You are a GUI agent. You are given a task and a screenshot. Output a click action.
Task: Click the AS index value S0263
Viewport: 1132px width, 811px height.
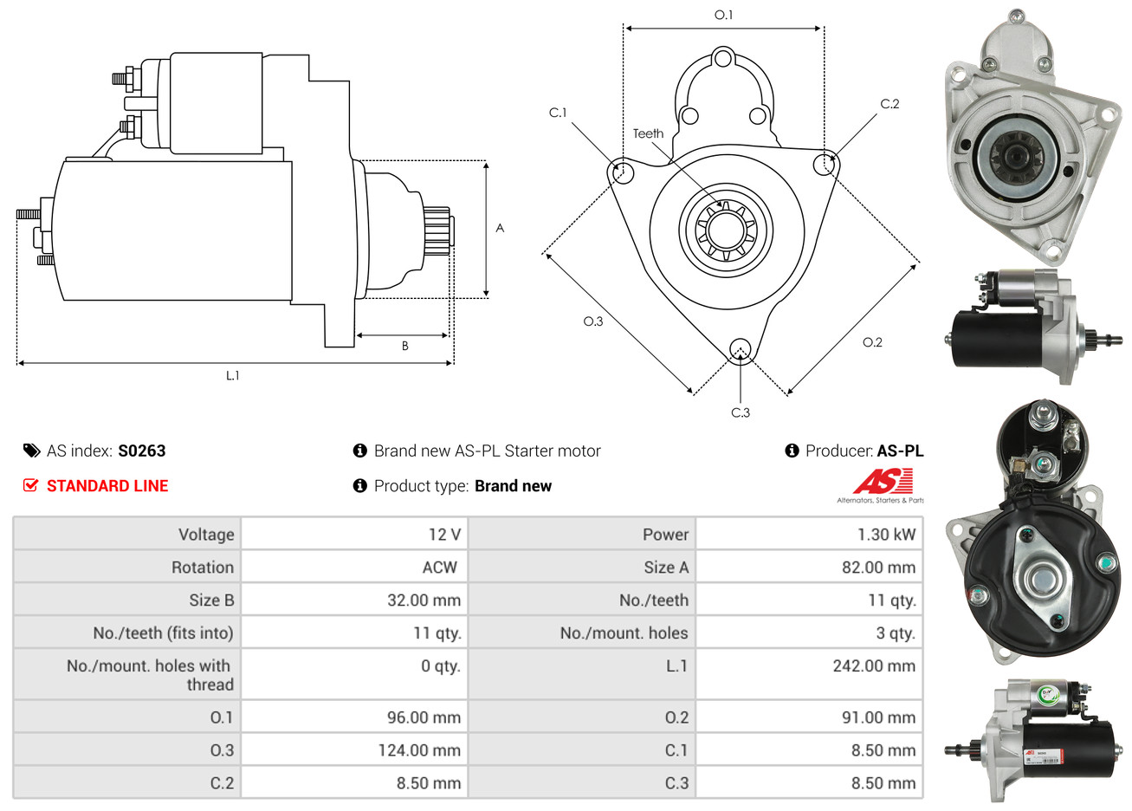pyautogui.click(x=141, y=451)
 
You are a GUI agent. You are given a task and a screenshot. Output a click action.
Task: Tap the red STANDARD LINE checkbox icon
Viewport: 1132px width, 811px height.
pyautogui.click(x=30, y=485)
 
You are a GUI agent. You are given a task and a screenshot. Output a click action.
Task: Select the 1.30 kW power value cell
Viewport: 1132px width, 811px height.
pyautogui.click(x=886, y=535)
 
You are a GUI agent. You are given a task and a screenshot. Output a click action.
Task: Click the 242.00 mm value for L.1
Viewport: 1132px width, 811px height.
pyautogui.click(x=873, y=666)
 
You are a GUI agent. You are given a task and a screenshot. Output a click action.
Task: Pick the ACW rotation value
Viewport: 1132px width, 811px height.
pyautogui.click(x=439, y=568)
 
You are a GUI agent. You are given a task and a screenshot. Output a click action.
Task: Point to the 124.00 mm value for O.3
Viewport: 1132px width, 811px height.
pyautogui.click(x=418, y=750)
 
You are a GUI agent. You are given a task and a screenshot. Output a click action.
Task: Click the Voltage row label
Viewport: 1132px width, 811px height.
pyautogui.click(x=206, y=535)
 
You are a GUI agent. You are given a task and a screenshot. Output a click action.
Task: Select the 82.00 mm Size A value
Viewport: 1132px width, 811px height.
pyautogui.click(x=878, y=568)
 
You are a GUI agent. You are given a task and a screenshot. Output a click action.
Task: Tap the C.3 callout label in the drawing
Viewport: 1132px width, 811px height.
pyautogui.click(x=741, y=413)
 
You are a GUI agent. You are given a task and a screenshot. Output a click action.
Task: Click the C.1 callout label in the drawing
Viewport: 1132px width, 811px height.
pyautogui.click(x=558, y=113)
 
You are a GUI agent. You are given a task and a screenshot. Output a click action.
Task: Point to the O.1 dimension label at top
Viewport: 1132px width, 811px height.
pyautogui.click(x=723, y=15)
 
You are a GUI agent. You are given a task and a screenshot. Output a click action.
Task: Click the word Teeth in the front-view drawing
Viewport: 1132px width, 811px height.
pyautogui.click(x=648, y=133)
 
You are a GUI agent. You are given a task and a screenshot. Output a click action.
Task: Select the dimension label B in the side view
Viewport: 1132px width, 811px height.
pyautogui.click(x=404, y=346)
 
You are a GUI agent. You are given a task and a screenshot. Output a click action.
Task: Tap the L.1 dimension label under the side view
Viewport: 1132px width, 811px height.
pyautogui.click(x=232, y=375)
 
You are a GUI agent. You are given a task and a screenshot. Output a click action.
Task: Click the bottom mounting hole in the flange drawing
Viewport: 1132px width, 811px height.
pyautogui.click(x=740, y=349)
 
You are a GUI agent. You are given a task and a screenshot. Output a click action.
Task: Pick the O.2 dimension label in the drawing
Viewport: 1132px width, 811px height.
pyautogui.click(x=872, y=342)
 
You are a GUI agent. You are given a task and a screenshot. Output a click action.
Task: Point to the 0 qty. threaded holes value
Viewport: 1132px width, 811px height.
pyautogui.click(x=441, y=666)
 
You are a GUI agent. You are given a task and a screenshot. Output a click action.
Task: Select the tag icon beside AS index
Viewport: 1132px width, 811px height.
pyautogui.click(x=31, y=451)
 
